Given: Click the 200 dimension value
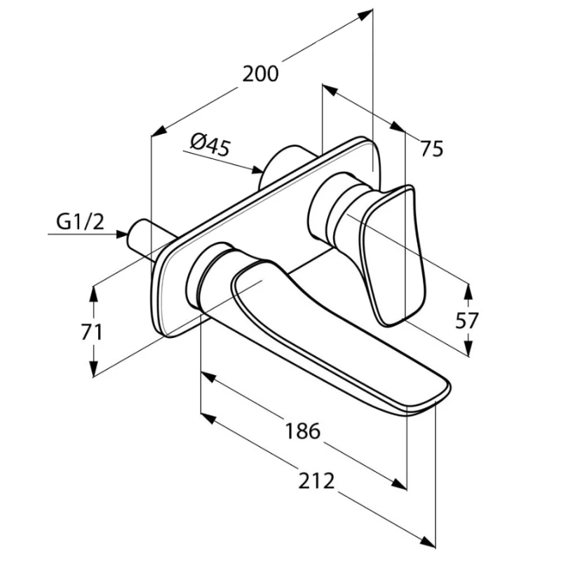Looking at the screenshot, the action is point(260,74).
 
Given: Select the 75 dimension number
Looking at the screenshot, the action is point(432,149).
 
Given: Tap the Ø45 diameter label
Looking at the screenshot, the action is point(210,144).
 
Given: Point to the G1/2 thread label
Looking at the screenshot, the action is point(80,222).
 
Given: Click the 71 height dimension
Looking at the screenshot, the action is point(92,332).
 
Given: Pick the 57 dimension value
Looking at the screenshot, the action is point(467,320).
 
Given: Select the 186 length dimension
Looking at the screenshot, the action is point(302,431).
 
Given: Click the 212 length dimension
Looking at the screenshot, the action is point(316,481).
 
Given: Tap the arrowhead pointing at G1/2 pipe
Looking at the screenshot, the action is point(122,234).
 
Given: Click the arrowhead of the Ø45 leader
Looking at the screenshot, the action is point(257,170).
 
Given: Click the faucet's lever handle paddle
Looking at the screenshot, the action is point(393,255).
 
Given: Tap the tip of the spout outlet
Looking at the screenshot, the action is point(435,402).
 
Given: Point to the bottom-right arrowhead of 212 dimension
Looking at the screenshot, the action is point(428,551).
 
